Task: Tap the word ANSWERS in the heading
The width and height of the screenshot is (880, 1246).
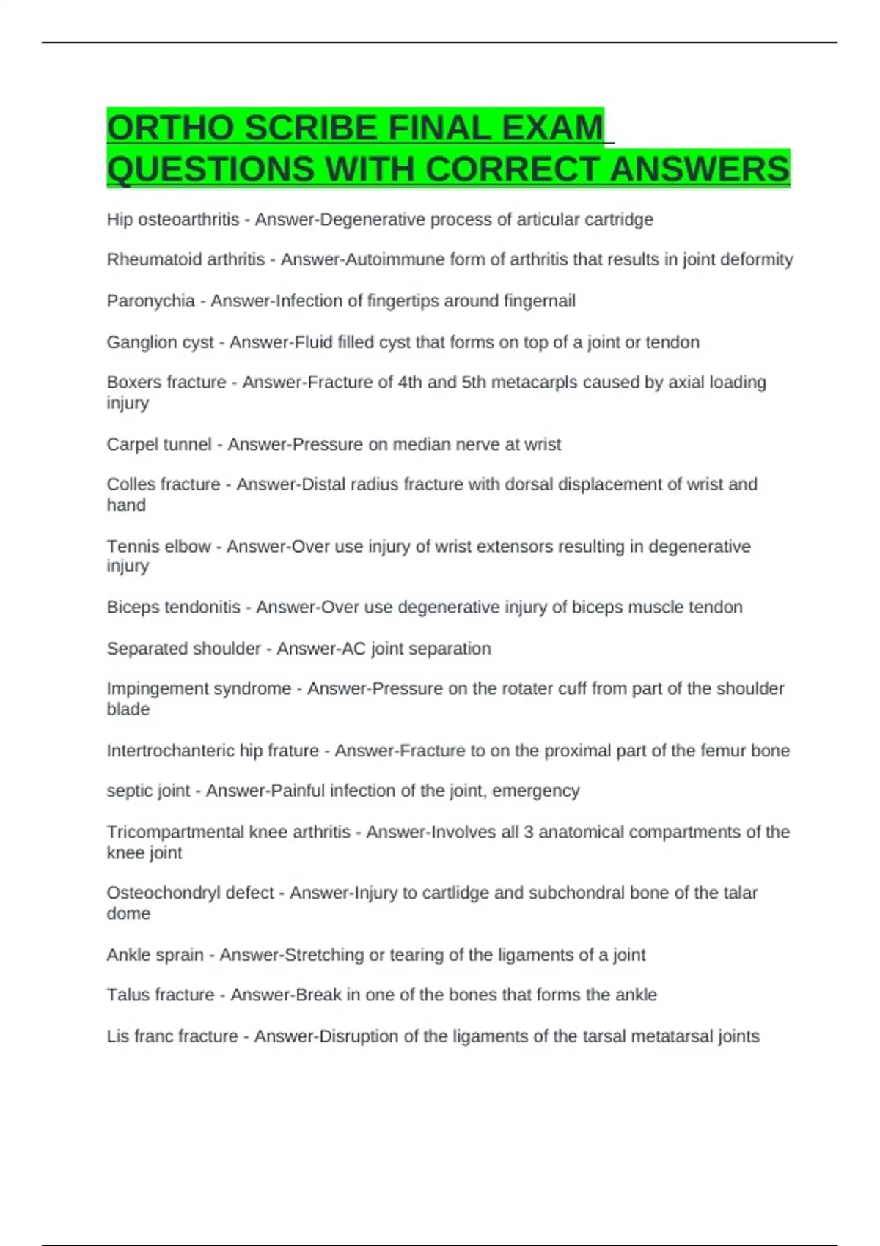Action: pos(700,169)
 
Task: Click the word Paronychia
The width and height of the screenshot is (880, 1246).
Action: pos(150,301)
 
